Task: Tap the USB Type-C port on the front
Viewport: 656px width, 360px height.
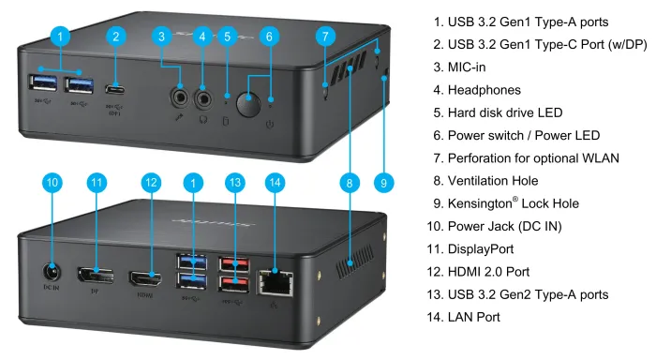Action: pos(114,89)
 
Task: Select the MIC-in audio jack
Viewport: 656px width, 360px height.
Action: pos(180,97)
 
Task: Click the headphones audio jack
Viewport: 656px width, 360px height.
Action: pos(203,99)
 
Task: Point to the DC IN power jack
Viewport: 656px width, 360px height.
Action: pos(52,273)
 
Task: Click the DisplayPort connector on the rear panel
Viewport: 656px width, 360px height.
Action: pos(96,276)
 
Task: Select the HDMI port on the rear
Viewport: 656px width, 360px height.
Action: pos(145,278)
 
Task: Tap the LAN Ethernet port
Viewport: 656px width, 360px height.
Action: pos(276,283)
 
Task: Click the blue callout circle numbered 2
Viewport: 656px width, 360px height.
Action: pos(116,37)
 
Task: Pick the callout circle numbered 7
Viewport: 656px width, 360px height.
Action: pos(325,37)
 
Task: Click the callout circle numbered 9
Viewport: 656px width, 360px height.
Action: pos(383,183)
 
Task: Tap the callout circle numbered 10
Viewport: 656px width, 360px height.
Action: pos(52,183)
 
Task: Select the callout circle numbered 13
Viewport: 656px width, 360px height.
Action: pos(235,183)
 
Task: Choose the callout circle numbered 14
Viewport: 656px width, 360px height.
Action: pos(275,183)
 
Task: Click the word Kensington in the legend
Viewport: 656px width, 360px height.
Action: pos(480,203)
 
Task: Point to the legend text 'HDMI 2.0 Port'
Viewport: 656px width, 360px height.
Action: pos(488,272)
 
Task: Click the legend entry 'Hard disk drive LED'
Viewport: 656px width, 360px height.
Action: pos(505,112)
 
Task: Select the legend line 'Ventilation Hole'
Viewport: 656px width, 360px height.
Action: pos(493,181)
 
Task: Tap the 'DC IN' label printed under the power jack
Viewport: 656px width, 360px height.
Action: pos(52,288)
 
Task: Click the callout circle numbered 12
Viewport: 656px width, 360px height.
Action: pos(151,183)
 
